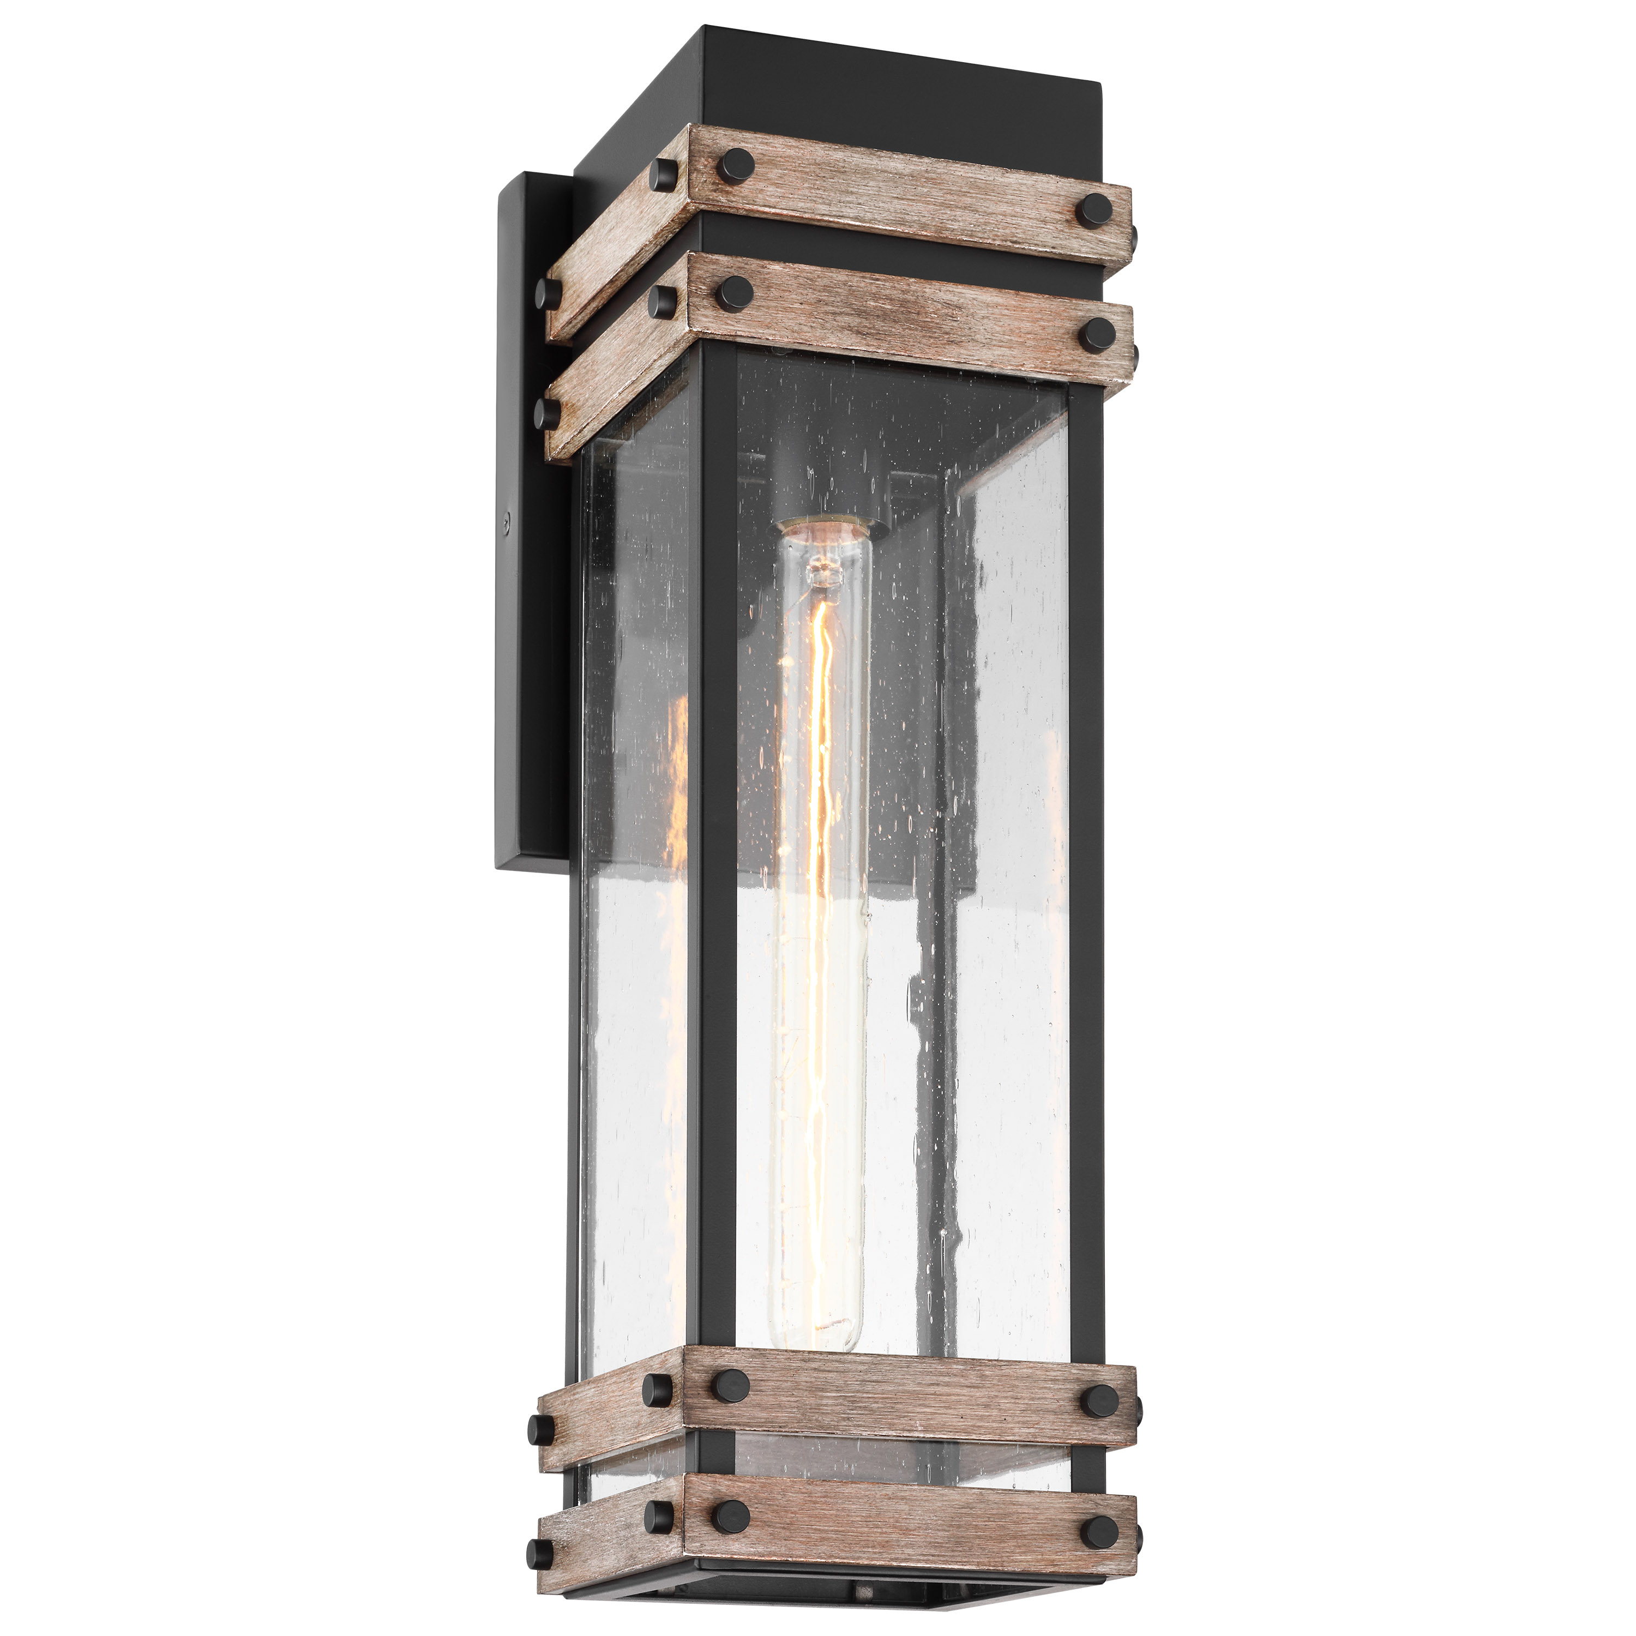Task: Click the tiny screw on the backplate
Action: pos(507,524)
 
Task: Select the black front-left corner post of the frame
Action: pos(715,847)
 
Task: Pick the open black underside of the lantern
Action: pos(847,1613)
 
